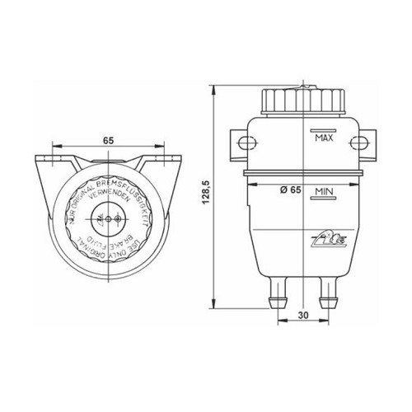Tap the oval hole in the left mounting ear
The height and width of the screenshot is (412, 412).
pyautogui.click(x=242, y=144)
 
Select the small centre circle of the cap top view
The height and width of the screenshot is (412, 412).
pyautogui.click(x=109, y=221)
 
